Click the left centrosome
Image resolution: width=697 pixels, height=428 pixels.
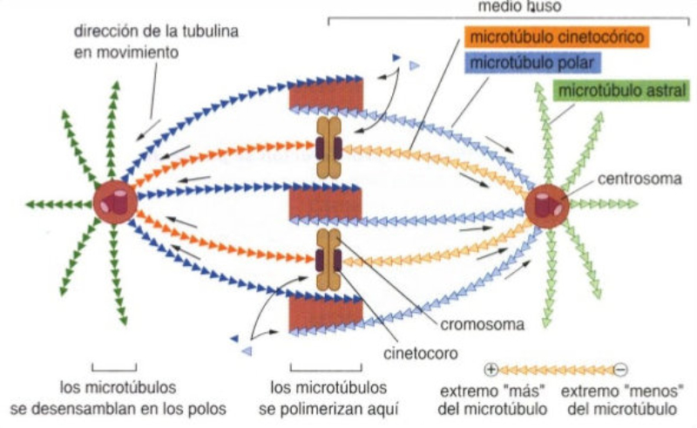pyautogui.click(x=115, y=203)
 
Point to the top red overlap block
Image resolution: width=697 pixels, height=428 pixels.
pyautogui.click(x=326, y=96)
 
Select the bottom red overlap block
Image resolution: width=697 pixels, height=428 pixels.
pyautogui.click(x=326, y=312)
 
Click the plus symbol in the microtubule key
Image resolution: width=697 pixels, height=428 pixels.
pyautogui.click(x=491, y=368)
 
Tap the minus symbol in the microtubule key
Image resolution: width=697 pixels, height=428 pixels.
pyautogui.click(x=620, y=368)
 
